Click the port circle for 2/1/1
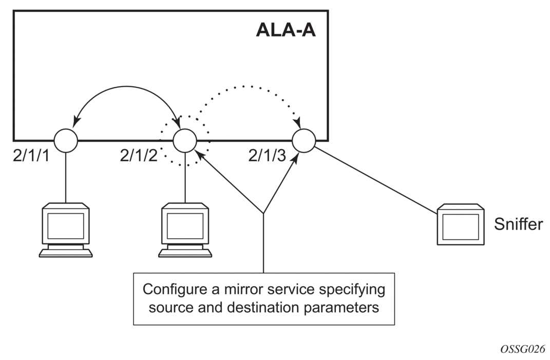[x=66, y=139]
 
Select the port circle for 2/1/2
[x=185, y=140]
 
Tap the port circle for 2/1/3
[x=304, y=140]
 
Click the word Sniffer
[x=518, y=224]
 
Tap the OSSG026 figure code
[x=522, y=349]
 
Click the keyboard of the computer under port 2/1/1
[x=66, y=252]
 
